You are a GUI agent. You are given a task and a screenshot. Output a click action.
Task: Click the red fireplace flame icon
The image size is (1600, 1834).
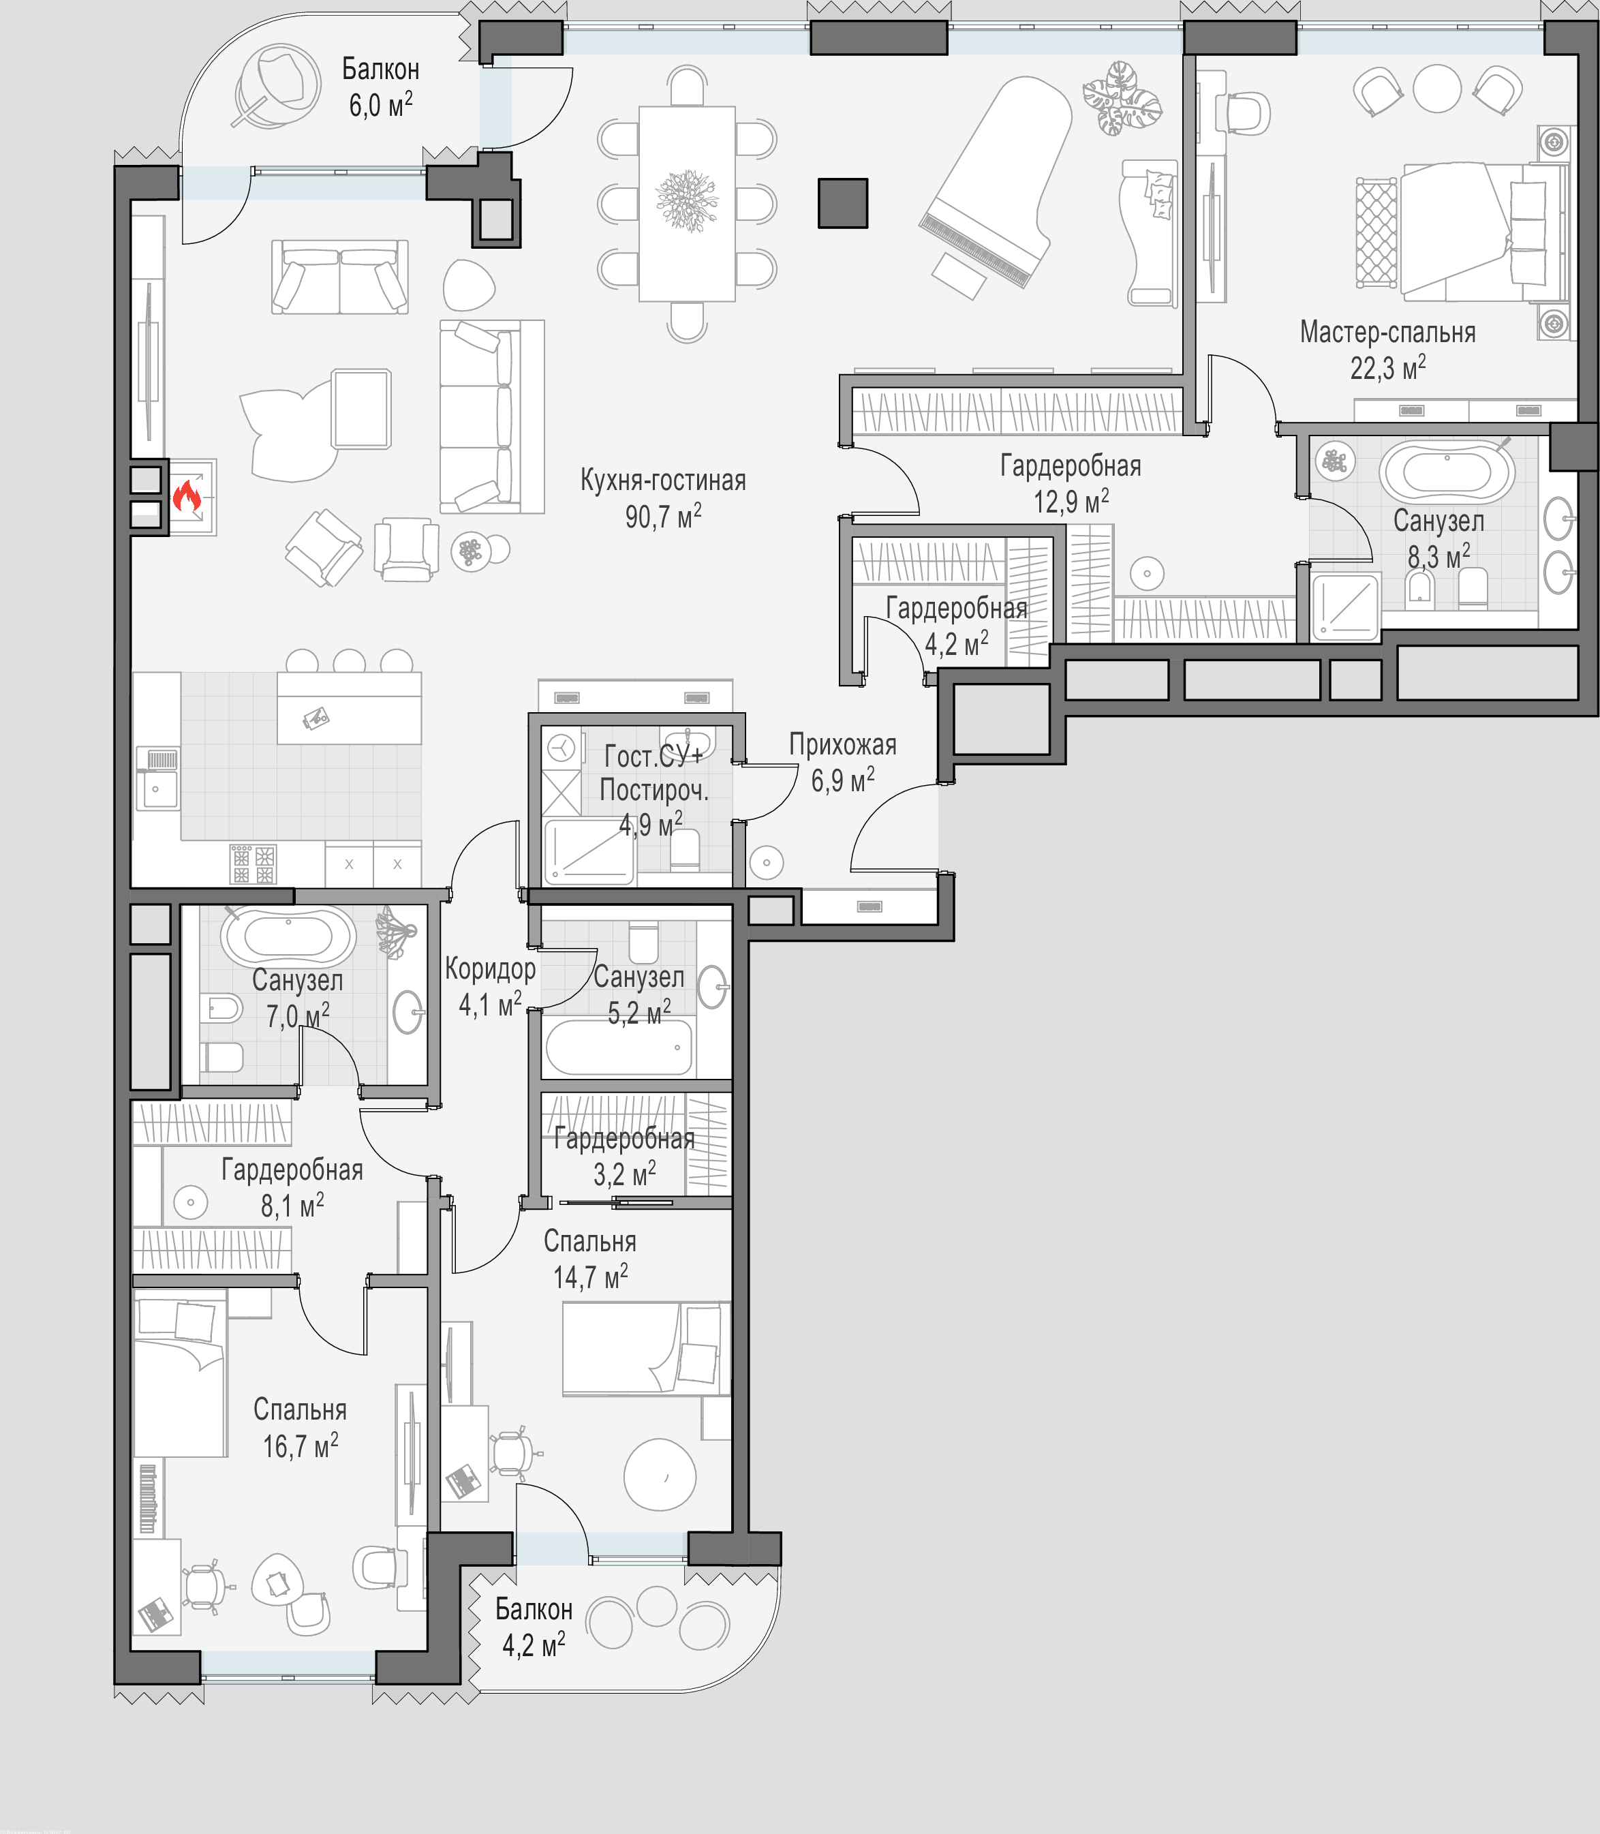187,495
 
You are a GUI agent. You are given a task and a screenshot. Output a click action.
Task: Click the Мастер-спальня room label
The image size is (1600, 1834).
1387,332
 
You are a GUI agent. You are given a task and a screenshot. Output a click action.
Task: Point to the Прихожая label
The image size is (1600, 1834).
842,745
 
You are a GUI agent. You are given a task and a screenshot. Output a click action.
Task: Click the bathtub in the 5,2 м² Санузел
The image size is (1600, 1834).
619,1048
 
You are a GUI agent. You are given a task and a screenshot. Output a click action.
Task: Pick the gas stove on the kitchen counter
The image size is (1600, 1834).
253,863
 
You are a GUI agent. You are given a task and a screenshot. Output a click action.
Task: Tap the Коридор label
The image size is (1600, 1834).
490,968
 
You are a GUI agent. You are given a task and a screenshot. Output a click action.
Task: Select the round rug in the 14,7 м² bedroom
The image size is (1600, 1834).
660,1474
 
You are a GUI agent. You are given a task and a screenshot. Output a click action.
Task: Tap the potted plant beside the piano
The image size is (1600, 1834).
1122,98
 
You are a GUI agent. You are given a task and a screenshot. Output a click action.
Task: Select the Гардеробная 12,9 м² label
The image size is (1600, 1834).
1071,483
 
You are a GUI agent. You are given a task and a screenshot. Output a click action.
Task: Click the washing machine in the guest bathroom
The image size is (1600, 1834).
561,746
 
